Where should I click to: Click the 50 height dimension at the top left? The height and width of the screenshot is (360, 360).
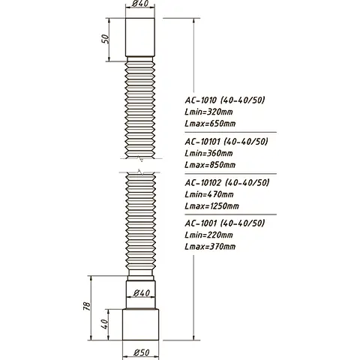[x=107, y=38]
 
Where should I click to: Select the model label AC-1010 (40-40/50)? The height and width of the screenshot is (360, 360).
[x=225, y=98]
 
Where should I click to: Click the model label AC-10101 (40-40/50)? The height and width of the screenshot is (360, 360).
[x=226, y=140]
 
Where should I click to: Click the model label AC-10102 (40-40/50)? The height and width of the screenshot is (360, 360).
[x=226, y=182]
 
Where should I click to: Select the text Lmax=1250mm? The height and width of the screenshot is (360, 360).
[x=212, y=206]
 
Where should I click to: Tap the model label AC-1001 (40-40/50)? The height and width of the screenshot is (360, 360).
[x=225, y=223]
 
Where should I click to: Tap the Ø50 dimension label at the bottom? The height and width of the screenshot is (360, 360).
[x=140, y=352]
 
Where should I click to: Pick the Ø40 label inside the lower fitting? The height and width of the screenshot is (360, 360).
[x=140, y=293]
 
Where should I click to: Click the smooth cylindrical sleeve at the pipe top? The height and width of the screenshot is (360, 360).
[x=140, y=37]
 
